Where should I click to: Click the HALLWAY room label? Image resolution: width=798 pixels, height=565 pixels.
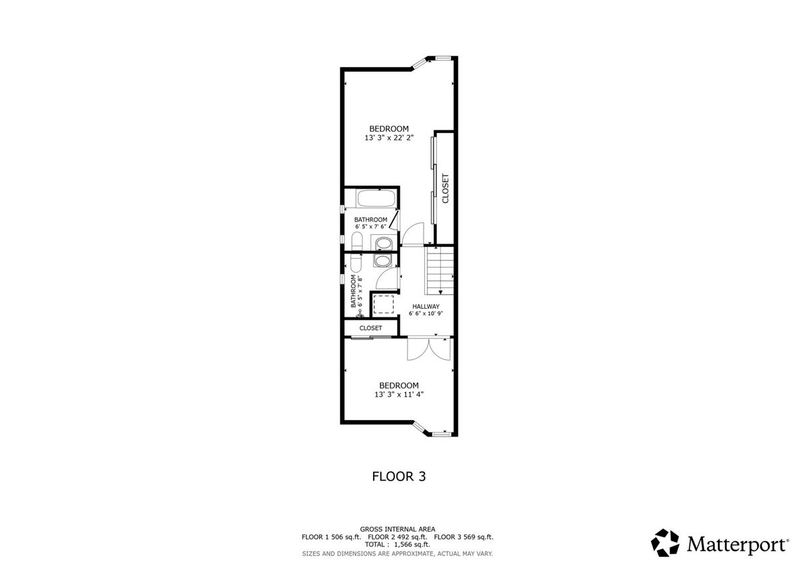coord(426,306)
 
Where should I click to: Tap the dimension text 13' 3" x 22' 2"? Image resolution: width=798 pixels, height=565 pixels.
coord(389,138)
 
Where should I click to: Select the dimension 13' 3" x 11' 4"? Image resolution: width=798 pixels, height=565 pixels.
coord(399,395)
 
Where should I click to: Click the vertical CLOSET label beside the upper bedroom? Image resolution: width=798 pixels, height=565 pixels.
coord(446,188)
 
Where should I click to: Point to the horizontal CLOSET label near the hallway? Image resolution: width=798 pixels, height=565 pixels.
coord(370,328)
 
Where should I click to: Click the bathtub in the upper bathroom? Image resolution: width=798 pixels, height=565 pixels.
coord(376,198)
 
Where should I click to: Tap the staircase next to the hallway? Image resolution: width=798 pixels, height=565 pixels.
coord(440,270)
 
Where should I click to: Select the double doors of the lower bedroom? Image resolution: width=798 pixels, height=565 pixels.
coord(430,349)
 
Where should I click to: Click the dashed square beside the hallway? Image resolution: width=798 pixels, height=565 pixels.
coord(383,304)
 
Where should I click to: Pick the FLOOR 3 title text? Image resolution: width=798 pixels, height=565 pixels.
coord(398,476)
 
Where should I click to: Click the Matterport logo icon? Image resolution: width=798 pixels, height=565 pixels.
coord(665,542)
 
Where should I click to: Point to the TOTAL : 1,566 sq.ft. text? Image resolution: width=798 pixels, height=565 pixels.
coord(398,544)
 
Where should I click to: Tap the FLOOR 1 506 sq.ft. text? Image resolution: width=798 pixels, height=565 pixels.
coord(331,537)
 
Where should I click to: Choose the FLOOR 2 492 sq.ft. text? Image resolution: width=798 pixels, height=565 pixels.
coord(398,537)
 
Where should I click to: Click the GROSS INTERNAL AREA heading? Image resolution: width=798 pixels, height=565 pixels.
coord(398,529)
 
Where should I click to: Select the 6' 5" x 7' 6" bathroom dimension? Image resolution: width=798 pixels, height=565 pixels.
coord(370,226)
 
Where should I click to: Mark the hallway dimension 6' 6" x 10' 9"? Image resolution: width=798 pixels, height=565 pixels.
coord(426,313)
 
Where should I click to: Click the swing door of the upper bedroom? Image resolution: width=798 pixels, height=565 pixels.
coord(412,234)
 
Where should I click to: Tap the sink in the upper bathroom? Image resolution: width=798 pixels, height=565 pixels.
coord(384,244)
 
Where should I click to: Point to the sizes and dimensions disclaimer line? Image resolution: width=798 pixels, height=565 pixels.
coord(398,554)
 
